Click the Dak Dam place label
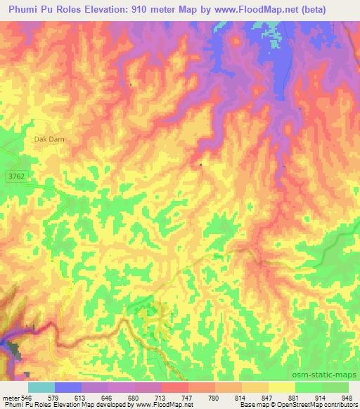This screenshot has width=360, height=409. pyautogui.click(x=49, y=139)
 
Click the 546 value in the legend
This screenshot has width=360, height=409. pyautogui.click(x=26, y=397)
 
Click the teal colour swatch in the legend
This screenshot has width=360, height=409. pyautogui.click(x=41, y=387)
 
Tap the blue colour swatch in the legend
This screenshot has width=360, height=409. pyautogui.click(x=68, y=387)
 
